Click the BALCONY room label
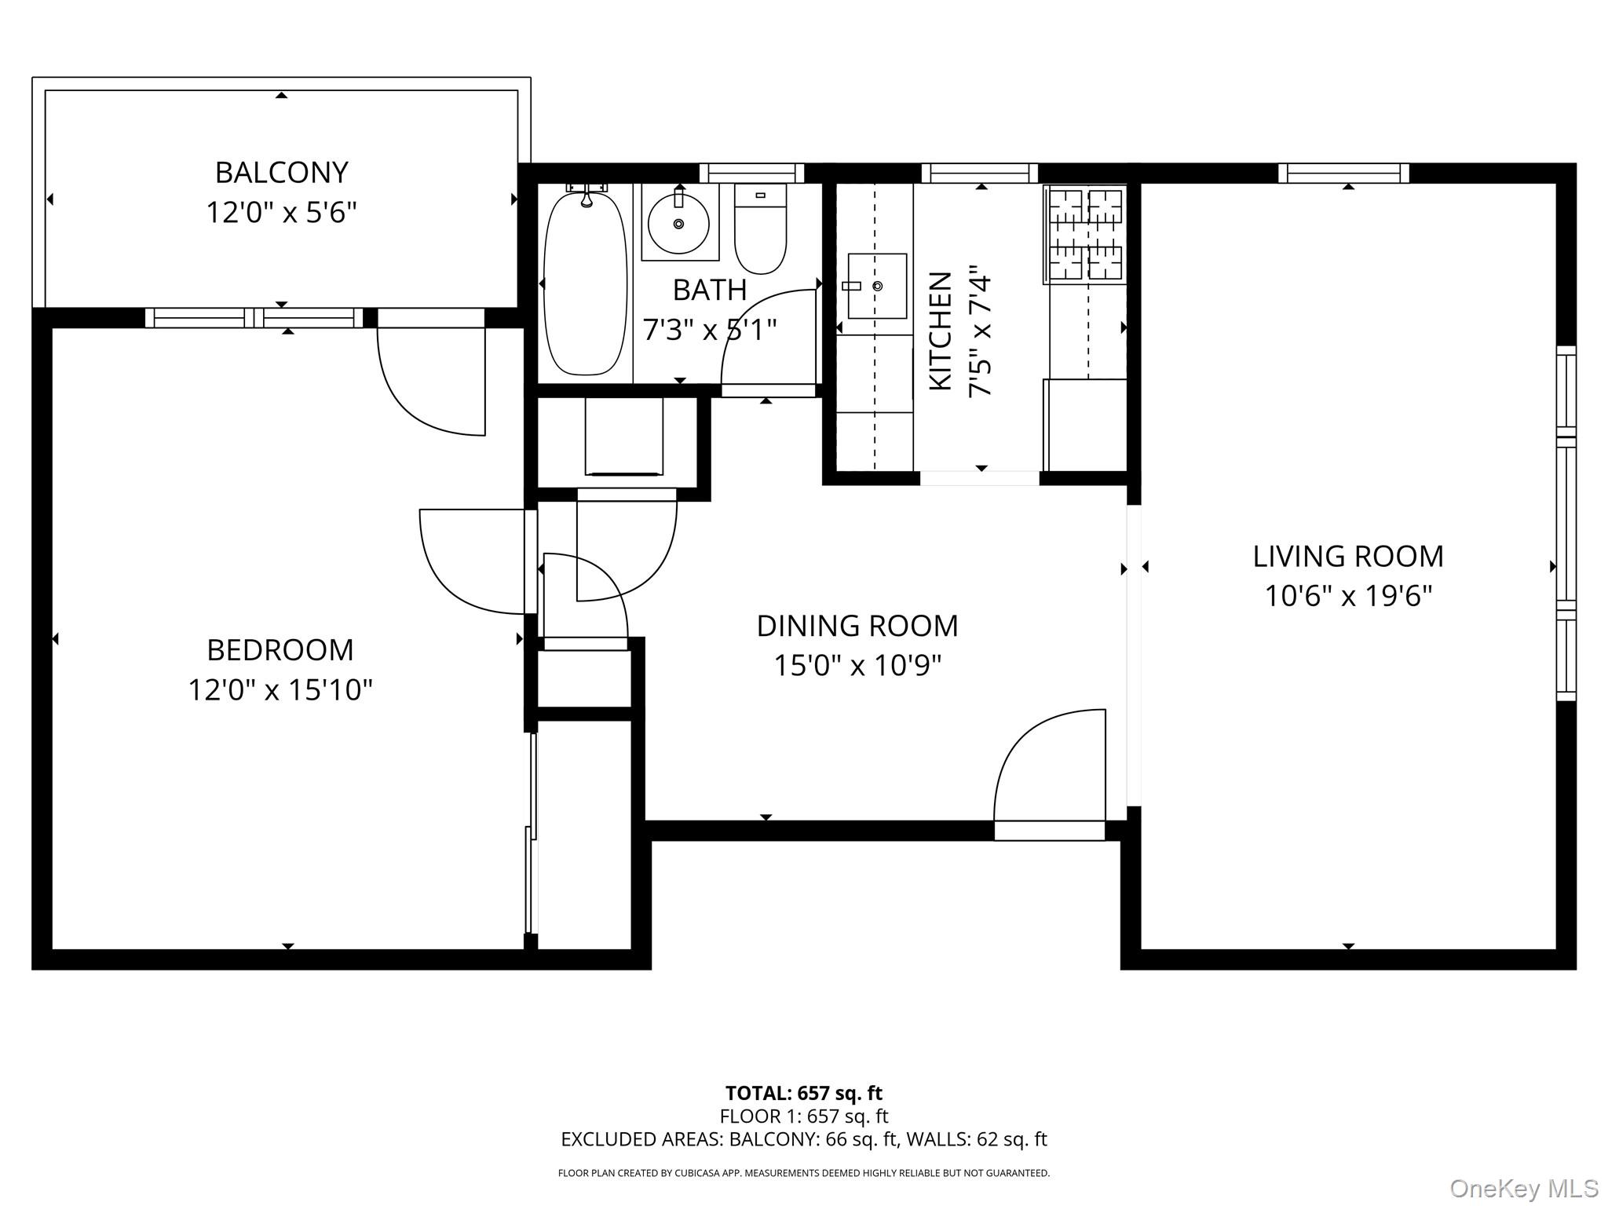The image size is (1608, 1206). click(x=281, y=172)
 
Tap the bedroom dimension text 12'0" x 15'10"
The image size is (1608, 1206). click(x=280, y=690)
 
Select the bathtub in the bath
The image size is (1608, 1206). click(x=586, y=283)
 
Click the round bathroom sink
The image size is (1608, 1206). click(x=678, y=224)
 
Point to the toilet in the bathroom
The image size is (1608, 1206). click(x=760, y=229)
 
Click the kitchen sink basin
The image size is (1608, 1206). click(x=877, y=286)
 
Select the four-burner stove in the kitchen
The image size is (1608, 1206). click(x=1086, y=235)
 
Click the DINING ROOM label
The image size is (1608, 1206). click(x=857, y=626)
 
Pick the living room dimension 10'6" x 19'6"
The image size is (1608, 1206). click(x=1348, y=597)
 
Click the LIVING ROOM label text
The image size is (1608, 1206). click(x=1348, y=557)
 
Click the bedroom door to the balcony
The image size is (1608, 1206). click(x=432, y=377)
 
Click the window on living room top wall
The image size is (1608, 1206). click(x=1343, y=174)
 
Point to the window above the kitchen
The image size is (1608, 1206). click(x=979, y=174)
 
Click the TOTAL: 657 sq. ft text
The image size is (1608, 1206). click(x=803, y=1093)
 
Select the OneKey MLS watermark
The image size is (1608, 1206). click(x=1523, y=1189)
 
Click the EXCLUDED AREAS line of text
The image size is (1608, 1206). click(x=803, y=1139)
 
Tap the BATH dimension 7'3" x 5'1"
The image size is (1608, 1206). click(x=709, y=330)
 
